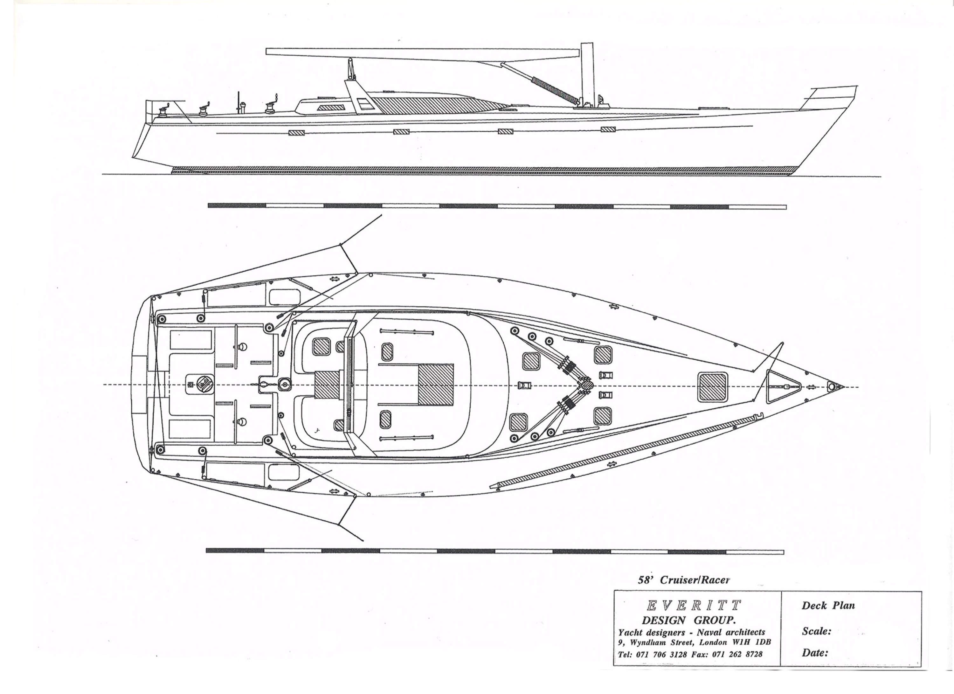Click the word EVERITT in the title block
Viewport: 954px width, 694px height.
(x=693, y=606)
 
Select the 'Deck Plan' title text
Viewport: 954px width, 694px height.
(x=828, y=606)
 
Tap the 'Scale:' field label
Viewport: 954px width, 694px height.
(x=816, y=631)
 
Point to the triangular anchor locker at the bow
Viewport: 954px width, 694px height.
(x=782, y=386)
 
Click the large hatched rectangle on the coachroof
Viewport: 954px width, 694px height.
(x=436, y=387)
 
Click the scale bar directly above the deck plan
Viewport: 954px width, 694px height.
(x=497, y=206)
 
